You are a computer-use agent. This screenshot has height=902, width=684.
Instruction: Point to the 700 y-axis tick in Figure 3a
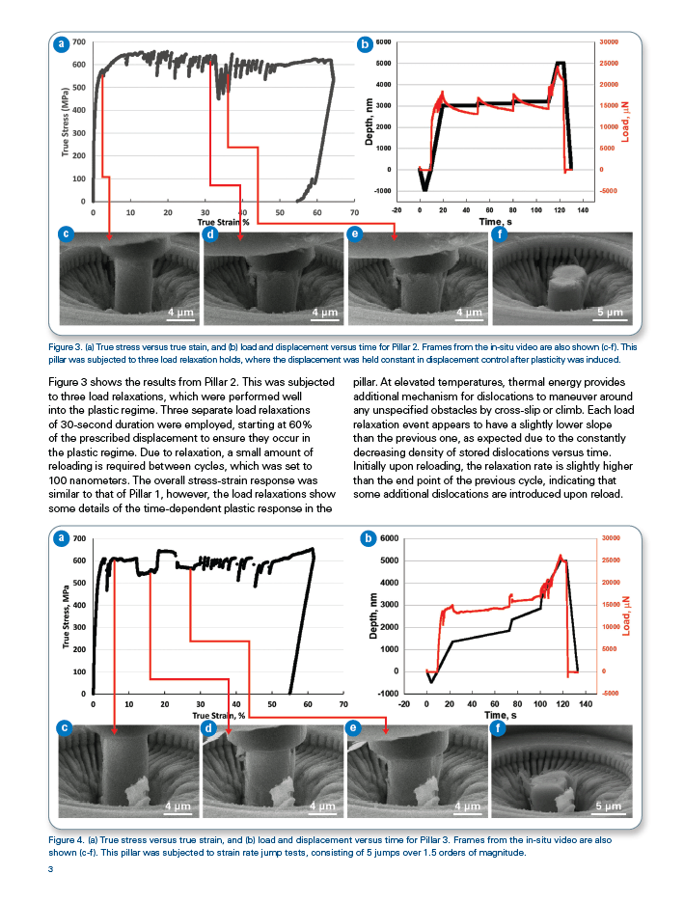[77, 42]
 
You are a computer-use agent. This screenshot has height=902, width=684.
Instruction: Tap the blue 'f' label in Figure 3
[499, 234]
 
